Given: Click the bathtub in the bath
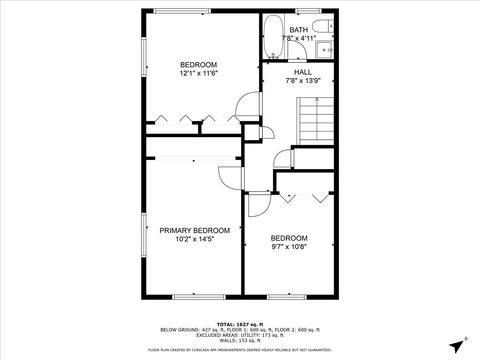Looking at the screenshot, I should point(272,38).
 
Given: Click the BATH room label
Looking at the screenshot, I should point(299,30).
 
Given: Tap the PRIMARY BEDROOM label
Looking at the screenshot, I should point(194,229).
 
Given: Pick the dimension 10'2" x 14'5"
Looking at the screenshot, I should point(194,238).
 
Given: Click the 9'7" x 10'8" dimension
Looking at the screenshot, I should point(289,246).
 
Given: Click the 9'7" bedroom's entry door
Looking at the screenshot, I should point(256,204).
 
